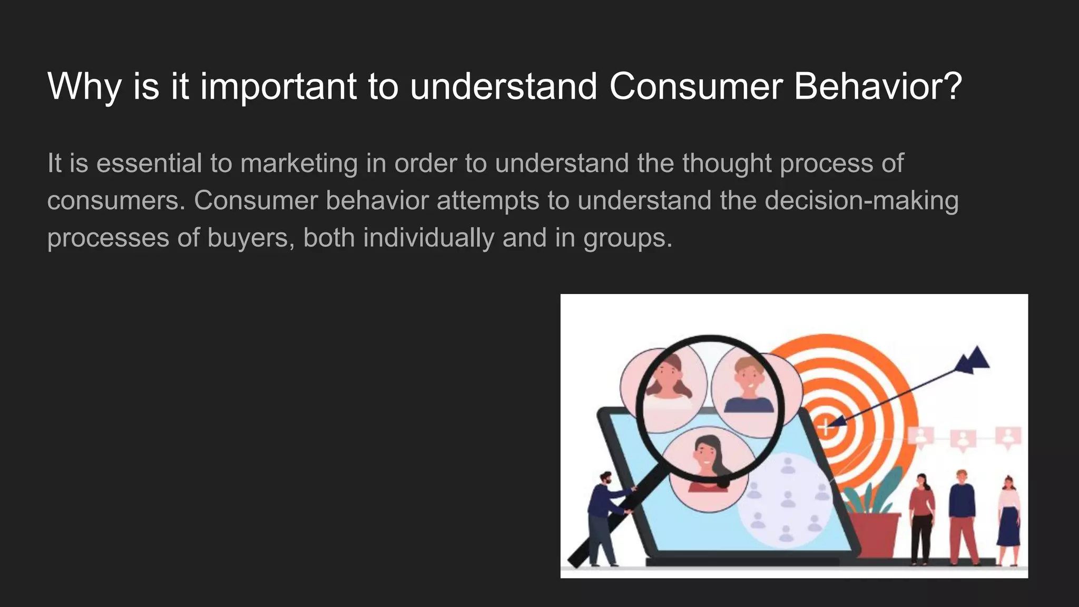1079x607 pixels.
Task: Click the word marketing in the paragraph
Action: click(299, 163)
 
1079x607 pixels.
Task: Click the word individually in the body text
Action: click(428, 238)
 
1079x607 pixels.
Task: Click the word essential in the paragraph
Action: click(149, 163)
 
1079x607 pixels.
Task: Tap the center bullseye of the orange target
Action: click(826, 427)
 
